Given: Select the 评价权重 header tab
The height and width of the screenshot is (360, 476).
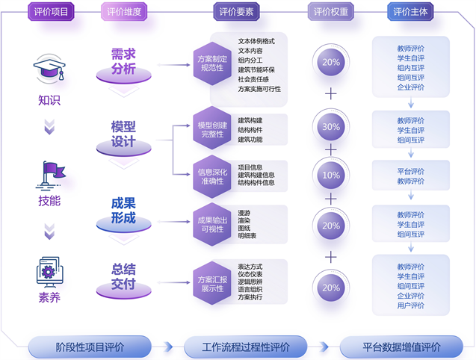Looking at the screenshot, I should point(331,12).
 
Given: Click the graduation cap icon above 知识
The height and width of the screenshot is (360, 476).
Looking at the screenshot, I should point(50,71).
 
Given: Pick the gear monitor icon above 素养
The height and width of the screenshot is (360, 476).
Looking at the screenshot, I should point(50,270).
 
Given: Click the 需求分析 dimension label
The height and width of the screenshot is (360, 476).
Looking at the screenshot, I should point(123,62).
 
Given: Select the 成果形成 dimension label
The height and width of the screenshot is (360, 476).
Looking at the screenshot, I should point(123,211).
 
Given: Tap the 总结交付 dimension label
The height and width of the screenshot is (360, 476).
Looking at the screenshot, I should point(123,276).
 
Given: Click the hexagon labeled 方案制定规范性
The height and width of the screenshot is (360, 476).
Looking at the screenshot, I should point(211,63).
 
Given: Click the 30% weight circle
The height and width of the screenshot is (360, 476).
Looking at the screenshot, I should point(331,127).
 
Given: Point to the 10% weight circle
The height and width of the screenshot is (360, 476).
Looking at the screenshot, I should point(331,175).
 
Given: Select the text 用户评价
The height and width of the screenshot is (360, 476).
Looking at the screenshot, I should point(411,305).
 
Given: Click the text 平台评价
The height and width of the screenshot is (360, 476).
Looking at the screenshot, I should point(411,171).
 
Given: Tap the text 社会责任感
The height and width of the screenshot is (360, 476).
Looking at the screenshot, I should point(253,79).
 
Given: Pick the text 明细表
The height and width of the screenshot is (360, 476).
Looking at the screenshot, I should point(247,236).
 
